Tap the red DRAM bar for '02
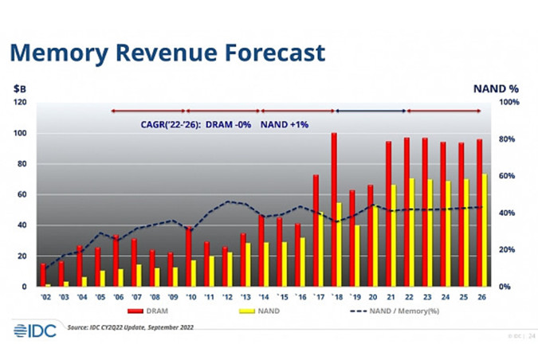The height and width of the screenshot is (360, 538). point(43,275)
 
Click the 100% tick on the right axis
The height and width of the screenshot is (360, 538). point(509,103)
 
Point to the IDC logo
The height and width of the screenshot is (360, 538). point(34,330)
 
